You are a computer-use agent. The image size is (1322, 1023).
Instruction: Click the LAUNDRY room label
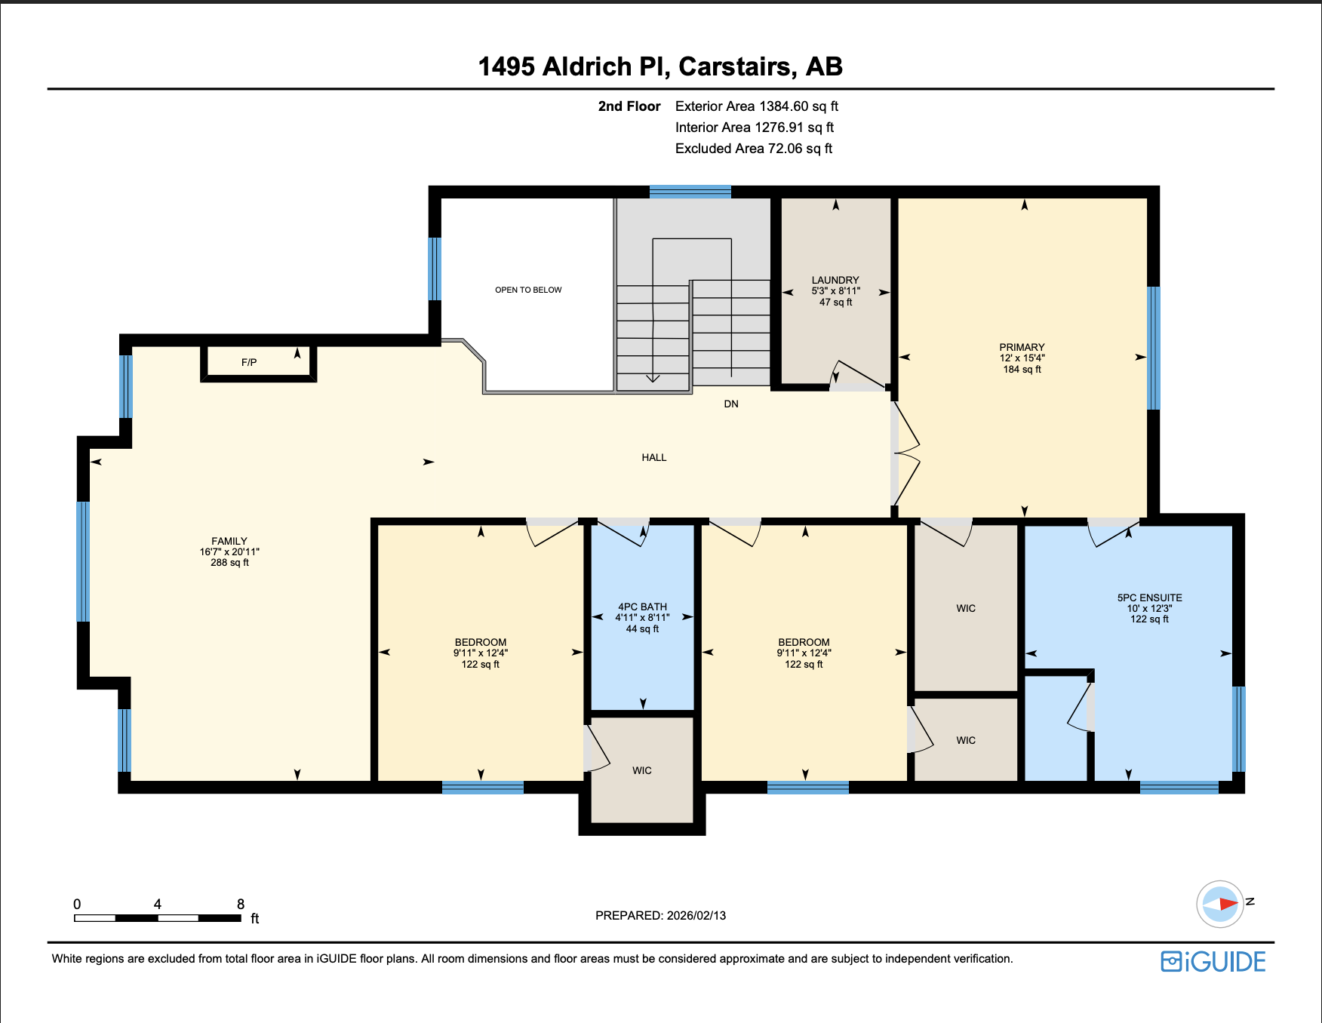click(x=835, y=280)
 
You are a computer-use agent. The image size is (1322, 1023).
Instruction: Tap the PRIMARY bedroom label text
click(x=1022, y=348)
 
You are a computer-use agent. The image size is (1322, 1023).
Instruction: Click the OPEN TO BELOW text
click(x=528, y=290)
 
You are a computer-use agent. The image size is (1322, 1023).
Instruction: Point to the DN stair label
click(x=730, y=404)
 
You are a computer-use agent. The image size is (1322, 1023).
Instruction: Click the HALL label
click(x=653, y=458)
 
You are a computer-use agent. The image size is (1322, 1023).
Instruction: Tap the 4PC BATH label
click(x=642, y=607)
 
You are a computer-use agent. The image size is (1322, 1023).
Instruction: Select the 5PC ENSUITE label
click(x=1149, y=598)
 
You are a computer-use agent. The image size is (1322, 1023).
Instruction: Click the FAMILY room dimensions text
click(x=229, y=552)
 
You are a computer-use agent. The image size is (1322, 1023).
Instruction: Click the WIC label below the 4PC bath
click(x=641, y=770)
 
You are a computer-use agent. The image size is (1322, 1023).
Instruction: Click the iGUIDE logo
click(x=1213, y=962)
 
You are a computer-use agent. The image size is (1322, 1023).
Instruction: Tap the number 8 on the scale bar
click(x=241, y=904)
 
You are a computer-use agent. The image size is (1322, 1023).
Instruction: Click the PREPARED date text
click(x=660, y=915)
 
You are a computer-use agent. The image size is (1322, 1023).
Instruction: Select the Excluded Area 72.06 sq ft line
click(x=753, y=149)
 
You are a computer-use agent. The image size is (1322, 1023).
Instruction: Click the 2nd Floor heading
click(x=629, y=106)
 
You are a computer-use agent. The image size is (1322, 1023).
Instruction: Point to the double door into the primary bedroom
click(x=905, y=453)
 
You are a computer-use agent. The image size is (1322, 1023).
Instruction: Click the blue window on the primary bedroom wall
click(x=1153, y=348)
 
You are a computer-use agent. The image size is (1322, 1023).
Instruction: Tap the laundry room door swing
click(x=856, y=375)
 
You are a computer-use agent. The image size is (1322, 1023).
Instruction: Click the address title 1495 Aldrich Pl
click(x=659, y=66)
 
